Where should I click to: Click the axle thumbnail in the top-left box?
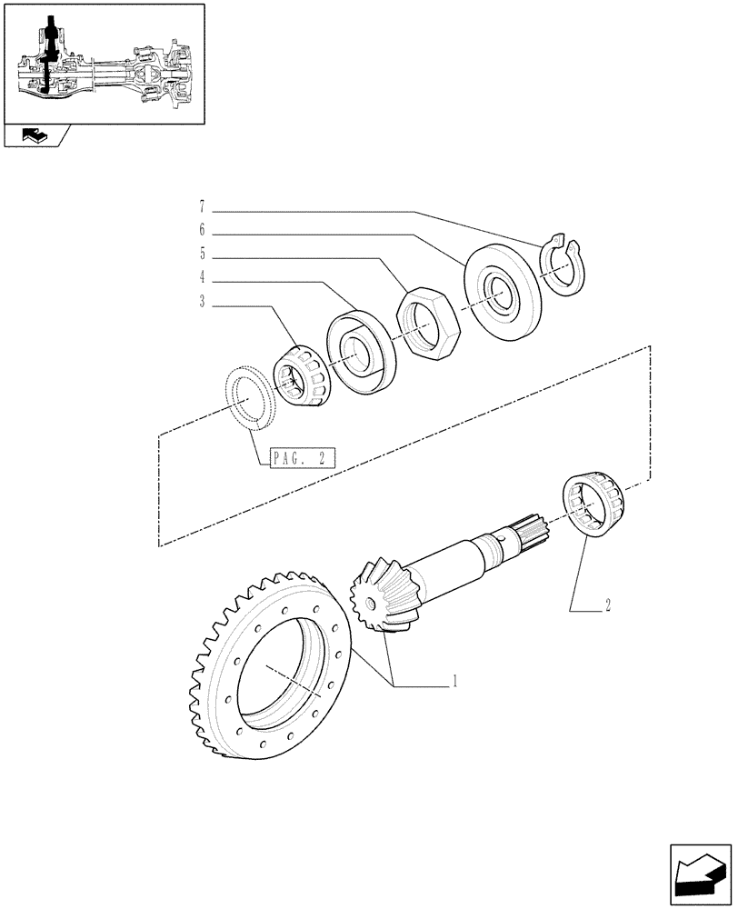point(103,64)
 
